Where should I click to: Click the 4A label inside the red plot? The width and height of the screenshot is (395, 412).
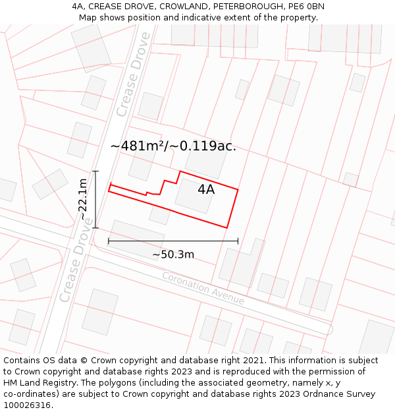206,190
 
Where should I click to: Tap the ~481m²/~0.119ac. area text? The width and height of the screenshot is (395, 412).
173,146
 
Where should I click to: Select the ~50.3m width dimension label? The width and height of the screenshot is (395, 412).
173,254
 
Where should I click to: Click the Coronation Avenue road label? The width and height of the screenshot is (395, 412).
203,288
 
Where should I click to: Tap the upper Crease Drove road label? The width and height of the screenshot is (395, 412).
133,74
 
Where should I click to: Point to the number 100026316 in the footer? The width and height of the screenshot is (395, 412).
26,405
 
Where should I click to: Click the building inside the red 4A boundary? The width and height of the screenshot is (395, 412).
195,196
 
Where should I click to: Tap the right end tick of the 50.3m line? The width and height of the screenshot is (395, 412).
238,242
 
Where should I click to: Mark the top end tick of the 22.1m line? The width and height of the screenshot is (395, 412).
95,171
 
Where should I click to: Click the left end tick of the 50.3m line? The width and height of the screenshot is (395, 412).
109,242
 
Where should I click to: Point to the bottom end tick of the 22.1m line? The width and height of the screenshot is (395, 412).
95,228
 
